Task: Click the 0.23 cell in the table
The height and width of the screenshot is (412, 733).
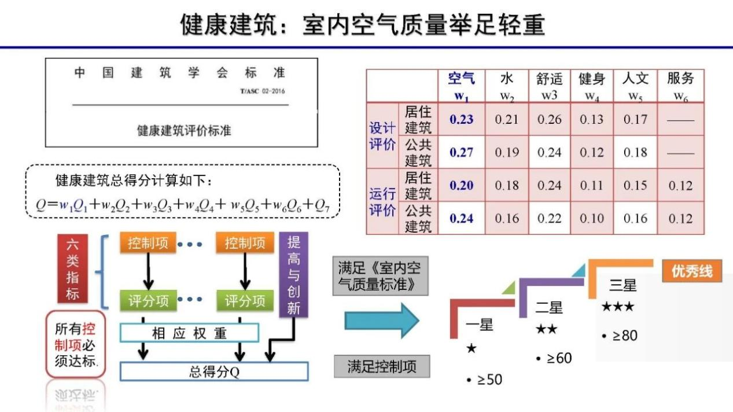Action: [x=461, y=120]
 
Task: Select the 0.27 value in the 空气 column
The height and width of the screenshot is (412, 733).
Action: [x=461, y=153]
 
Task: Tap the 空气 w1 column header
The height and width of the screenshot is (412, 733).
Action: [x=461, y=86]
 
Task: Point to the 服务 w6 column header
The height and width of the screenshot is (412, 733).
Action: [x=680, y=86]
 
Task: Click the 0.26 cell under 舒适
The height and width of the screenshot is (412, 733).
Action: [x=549, y=120]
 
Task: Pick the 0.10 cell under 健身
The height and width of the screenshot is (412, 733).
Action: [x=592, y=219]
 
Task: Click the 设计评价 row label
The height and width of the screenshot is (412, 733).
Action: [x=382, y=137]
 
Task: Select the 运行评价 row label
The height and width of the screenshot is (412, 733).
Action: [x=382, y=202]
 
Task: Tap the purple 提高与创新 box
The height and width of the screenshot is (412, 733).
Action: [x=294, y=275]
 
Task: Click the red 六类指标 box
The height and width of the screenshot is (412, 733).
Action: [x=72, y=269]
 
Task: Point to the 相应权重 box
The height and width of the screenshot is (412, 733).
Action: [x=189, y=333]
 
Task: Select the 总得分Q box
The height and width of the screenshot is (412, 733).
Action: [x=214, y=371]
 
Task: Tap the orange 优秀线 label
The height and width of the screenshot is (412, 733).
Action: [x=691, y=271]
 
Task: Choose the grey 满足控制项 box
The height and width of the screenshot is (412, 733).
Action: [x=381, y=367]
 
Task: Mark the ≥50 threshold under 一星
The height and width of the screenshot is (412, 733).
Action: [x=484, y=380]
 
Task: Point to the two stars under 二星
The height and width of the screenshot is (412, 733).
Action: [x=546, y=329]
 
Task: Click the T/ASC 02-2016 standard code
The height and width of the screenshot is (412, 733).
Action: [x=262, y=91]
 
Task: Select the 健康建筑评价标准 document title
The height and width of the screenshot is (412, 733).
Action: [x=183, y=130]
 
